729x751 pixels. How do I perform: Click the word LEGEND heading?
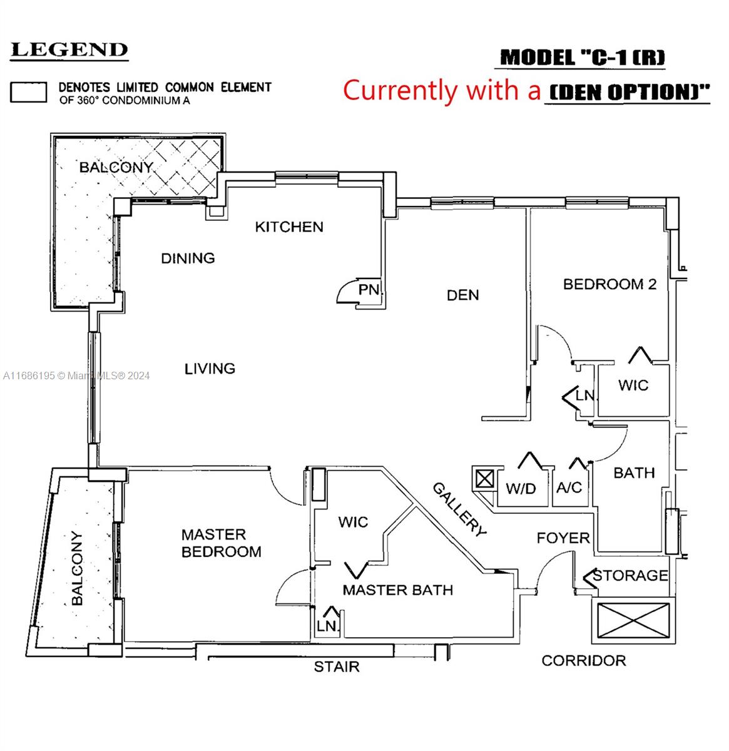coord(69,51)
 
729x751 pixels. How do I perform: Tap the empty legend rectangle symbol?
coord(28,92)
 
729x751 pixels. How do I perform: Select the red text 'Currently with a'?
coord(442,90)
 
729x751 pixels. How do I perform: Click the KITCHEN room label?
coord(289,227)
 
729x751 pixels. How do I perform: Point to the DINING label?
coord(188,258)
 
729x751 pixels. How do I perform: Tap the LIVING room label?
coord(210,369)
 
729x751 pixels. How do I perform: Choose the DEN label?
coord(463,295)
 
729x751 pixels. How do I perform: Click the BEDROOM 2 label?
coord(609,284)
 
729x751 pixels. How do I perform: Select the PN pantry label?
coord(369,290)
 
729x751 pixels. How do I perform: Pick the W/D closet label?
coord(521,489)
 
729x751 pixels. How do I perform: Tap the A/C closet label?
coord(569,488)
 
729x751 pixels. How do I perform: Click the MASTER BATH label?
coord(397,590)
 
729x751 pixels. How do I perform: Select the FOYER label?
coord(563,538)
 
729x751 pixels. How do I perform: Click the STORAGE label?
coord(630,575)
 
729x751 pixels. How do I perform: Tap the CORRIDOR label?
coord(583,660)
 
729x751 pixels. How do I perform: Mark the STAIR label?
coord(337,667)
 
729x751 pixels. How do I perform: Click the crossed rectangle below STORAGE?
coord(633,623)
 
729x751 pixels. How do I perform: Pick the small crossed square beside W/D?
coord(485,479)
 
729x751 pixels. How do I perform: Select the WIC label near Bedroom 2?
coord(633,385)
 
